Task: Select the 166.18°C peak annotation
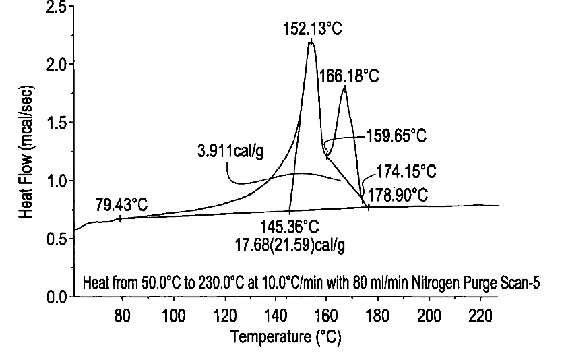click(349, 76)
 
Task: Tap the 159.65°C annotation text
click(397, 136)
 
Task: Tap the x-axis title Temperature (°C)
click(286, 336)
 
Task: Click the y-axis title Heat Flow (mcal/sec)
click(28, 152)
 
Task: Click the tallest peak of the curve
click(311, 42)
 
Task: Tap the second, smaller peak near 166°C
click(344, 88)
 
